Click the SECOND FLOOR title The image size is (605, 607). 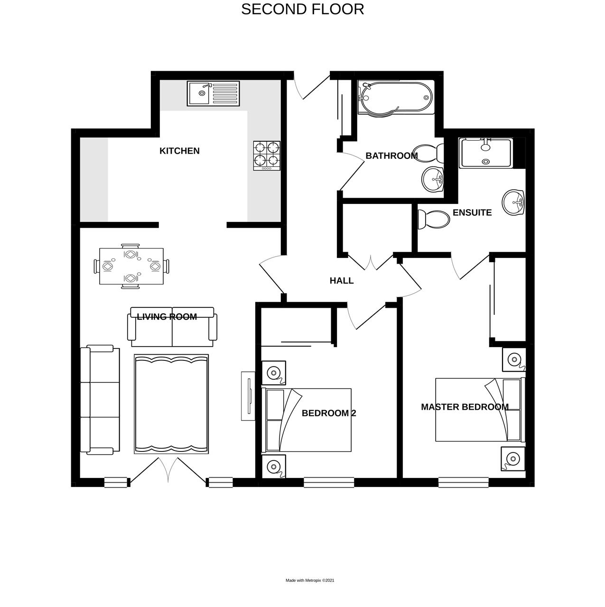[302, 9]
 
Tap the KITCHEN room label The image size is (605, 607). [179, 151]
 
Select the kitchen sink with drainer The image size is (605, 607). [213, 93]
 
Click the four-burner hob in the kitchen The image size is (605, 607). [266, 156]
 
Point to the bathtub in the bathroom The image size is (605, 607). [395, 98]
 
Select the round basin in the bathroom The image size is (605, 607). [432, 179]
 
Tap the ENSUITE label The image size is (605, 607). [472, 212]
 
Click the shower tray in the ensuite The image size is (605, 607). [486, 153]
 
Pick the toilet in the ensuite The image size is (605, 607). [433, 220]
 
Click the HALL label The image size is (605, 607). [342, 281]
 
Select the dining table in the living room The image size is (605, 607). [131, 267]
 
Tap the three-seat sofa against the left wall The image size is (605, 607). [100, 399]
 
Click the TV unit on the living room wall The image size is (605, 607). [248, 395]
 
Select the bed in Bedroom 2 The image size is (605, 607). [307, 420]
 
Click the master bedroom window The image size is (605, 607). [463, 482]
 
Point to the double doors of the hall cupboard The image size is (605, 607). [371, 262]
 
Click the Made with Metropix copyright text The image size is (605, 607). [309, 580]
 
